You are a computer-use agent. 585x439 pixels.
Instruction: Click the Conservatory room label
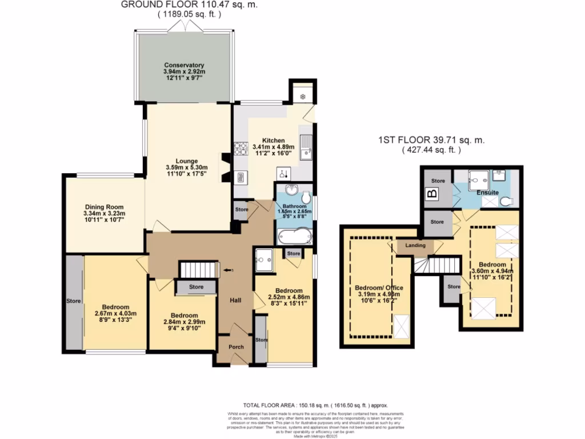click(184, 65)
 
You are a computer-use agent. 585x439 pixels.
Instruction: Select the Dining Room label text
click(105, 207)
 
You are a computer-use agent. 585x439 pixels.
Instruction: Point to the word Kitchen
click(273, 140)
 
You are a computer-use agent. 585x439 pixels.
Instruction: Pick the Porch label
click(236, 347)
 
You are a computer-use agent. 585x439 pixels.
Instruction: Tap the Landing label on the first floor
click(415, 245)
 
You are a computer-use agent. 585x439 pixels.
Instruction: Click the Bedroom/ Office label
click(375, 288)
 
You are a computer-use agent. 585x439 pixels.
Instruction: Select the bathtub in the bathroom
click(294, 235)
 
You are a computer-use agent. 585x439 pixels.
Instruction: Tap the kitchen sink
click(306, 147)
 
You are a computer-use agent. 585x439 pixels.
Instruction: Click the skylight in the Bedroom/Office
click(402, 327)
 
